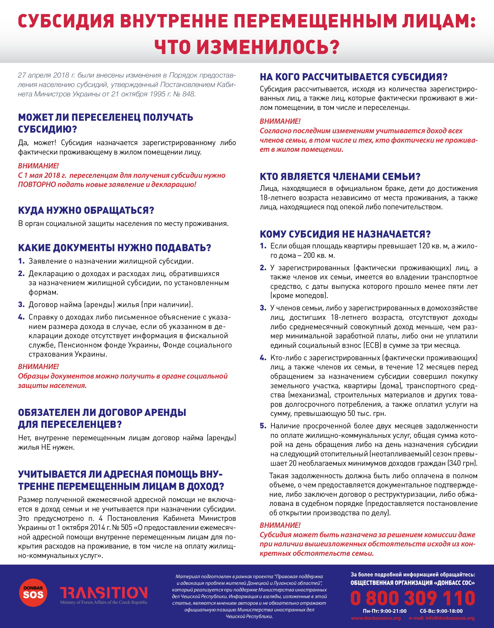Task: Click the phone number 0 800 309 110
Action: (x=413, y=598)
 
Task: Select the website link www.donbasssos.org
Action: (x=376, y=618)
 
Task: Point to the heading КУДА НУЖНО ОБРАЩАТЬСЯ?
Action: (x=86, y=210)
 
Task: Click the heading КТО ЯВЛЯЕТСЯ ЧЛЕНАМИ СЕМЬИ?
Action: (x=340, y=177)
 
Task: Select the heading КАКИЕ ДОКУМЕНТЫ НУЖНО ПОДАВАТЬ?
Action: (x=115, y=248)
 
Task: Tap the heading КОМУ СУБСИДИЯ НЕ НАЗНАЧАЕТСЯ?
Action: (x=345, y=234)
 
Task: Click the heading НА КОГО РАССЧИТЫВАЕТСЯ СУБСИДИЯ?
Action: (x=353, y=77)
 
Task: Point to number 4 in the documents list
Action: (x=21, y=317)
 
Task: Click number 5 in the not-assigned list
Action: (x=263, y=426)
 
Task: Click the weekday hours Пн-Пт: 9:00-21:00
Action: (x=385, y=611)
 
